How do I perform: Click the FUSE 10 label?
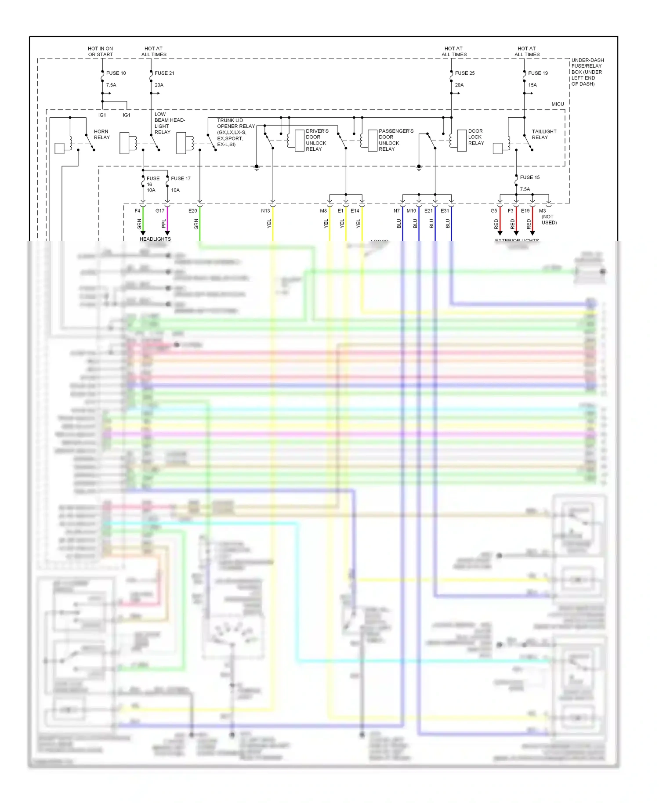coord(116,73)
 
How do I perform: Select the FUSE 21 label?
coord(164,73)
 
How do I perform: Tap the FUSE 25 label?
coord(464,73)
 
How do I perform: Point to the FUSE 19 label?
coord(538,73)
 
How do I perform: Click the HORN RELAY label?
coord(101,134)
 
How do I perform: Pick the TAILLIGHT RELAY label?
coord(544,134)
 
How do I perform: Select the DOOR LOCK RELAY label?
coord(476,137)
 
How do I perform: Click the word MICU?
coord(558,104)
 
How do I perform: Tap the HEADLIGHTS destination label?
coord(155,239)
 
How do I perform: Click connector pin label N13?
coord(265,211)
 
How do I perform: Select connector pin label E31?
coord(445,211)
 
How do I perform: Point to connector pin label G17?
coord(160,211)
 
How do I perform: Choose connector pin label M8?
coord(323,211)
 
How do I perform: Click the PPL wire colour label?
coord(164,224)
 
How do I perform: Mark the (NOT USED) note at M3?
coord(549,220)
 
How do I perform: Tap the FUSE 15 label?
coord(529,177)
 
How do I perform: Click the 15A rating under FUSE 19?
coord(532,85)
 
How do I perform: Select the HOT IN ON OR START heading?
coord(100,51)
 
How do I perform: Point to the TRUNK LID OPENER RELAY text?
coord(235,132)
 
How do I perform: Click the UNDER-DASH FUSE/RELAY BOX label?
coord(587,72)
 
